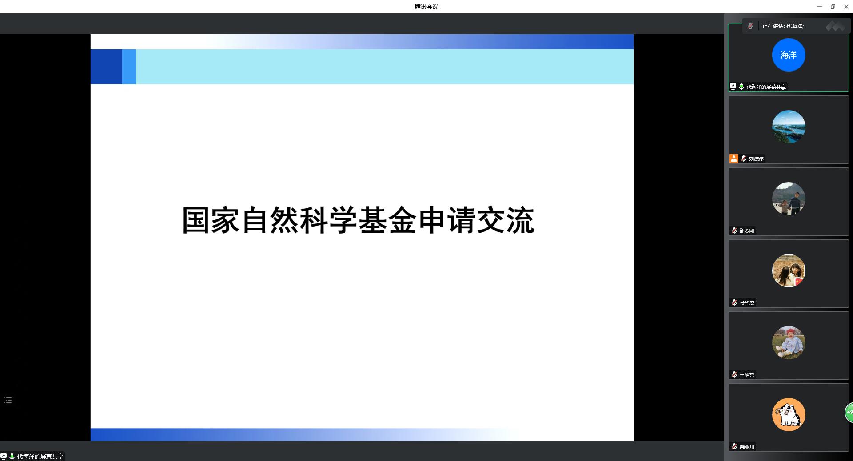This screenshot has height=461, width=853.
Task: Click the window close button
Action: (846, 7)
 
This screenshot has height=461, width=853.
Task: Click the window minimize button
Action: (820, 7)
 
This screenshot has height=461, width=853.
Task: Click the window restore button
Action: (833, 7)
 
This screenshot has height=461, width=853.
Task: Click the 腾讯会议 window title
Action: (426, 7)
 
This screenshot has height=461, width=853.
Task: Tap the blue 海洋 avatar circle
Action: (789, 55)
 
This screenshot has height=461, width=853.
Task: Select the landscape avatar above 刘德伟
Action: (789, 127)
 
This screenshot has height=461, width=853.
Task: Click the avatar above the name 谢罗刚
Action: (789, 199)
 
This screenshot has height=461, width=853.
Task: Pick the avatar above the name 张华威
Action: (789, 270)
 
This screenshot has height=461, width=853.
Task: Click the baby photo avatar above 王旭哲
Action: (789, 342)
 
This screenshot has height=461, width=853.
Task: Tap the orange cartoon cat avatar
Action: (789, 414)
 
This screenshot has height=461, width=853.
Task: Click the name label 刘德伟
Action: (756, 159)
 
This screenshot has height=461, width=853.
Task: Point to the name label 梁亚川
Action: (747, 447)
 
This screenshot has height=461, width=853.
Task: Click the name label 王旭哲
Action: (747, 375)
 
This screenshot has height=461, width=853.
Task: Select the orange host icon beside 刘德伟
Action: (734, 159)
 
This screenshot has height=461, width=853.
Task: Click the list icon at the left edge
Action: (8, 400)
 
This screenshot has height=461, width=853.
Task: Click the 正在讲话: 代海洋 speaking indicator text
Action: (783, 26)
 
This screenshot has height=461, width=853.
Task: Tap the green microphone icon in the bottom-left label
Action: (12, 457)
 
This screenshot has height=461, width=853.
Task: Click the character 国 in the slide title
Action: (196, 220)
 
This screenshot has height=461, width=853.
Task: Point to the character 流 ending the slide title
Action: (521, 220)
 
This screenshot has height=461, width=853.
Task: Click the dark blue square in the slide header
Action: (106, 67)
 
